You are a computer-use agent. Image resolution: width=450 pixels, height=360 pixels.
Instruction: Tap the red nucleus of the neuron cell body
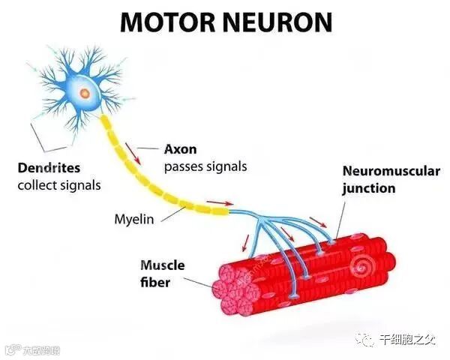coord(84,94)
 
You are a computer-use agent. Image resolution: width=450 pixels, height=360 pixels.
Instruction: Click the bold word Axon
coord(180,149)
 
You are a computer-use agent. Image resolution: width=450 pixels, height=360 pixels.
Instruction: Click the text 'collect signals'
coord(58,184)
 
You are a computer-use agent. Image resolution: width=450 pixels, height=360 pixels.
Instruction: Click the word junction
coord(369,188)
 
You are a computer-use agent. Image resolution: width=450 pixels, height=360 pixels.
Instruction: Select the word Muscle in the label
coord(162,265)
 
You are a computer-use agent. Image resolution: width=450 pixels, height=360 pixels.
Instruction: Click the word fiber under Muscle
coord(154,282)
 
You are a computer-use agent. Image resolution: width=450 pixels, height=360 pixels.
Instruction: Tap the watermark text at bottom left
coord(33,350)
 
